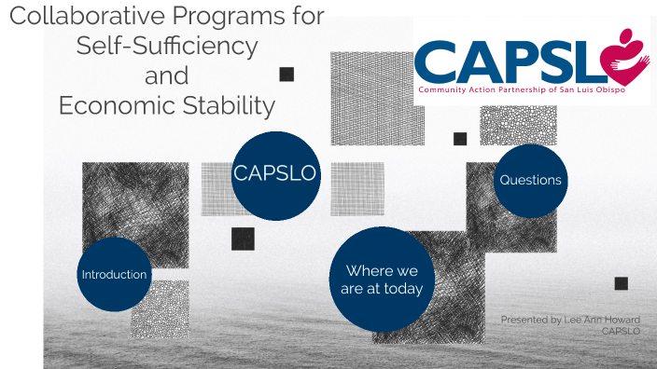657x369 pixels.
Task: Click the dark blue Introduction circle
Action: click(114, 274)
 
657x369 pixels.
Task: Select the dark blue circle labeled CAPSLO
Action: click(275, 174)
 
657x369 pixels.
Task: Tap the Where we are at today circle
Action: click(384, 280)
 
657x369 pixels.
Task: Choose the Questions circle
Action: click(530, 180)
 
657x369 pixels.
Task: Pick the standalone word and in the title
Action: click(166, 75)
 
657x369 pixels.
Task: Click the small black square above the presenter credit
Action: click(621, 283)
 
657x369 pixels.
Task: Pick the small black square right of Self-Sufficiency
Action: click(287, 74)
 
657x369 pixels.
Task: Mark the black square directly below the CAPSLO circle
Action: click(243, 239)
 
